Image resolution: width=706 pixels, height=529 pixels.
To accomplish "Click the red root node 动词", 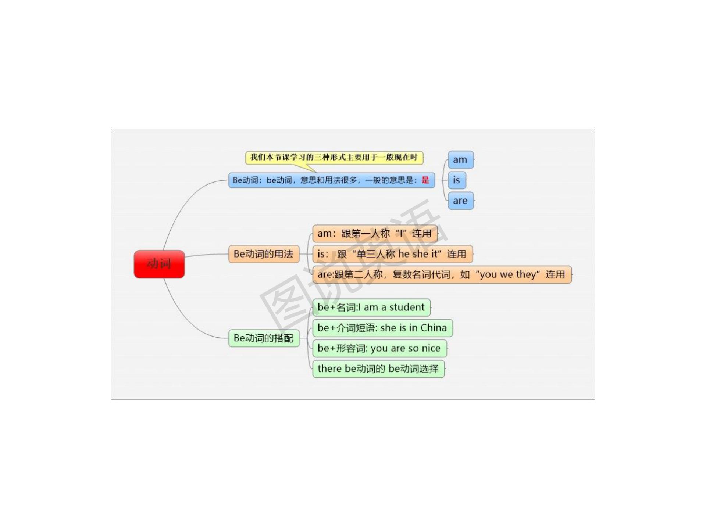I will pyautogui.click(x=159, y=264).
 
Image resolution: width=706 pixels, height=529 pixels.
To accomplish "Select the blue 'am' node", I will pyautogui.click(x=460, y=160).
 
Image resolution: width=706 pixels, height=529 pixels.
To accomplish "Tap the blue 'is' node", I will pyautogui.click(x=457, y=180).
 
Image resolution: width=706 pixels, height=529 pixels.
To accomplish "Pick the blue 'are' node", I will pyautogui.click(x=460, y=201).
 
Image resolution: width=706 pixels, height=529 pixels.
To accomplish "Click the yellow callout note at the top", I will pyautogui.click(x=334, y=158).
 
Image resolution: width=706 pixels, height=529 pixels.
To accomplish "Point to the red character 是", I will pyautogui.click(x=425, y=180).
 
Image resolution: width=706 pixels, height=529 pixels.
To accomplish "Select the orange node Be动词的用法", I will pyautogui.click(x=264, y=254).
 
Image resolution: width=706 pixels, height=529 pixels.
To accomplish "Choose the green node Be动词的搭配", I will pyautogui.click(x=264, y=338).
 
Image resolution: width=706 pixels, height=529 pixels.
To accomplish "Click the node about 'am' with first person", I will pyautogui.click(x=374, y=234).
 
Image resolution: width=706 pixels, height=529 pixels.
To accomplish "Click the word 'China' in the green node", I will pyautogui.click(x=434, y=328).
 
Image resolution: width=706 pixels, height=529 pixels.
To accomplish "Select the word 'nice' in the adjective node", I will pyautogui.click(x=431, y=348).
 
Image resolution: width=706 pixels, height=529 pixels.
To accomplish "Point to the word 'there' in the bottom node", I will pyautogui.click(x=329, y=368).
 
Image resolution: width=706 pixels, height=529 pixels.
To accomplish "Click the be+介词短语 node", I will pyautogui.click(x=382, y=328).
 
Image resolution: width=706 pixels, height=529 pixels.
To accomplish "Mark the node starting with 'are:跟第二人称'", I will pyautogui.click(x=441, y=274).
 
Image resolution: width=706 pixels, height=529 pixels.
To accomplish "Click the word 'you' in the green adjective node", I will pyautogui.click(x=378, y=349).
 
